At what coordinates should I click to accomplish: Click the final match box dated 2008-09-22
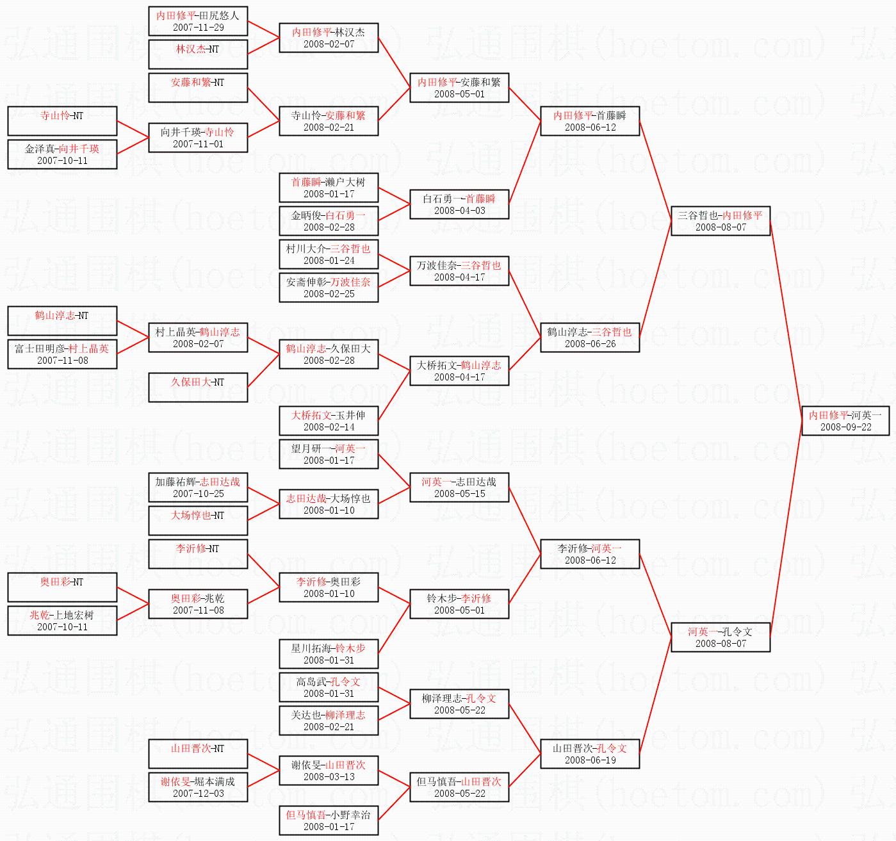[845, 420]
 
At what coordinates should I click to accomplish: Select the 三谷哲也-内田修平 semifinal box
[721, 220]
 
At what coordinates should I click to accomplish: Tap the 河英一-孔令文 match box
[721, 637]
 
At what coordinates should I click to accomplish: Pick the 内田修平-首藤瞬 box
[590, 120]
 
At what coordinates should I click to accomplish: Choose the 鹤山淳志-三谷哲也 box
[590, 337]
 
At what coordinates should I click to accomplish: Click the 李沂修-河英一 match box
[590, 553]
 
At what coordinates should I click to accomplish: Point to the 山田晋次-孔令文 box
[590, 753]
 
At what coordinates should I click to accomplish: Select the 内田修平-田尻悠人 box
[198, 20]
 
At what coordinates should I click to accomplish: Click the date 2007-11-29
[198, 28]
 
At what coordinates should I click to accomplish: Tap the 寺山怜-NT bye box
[62, 120]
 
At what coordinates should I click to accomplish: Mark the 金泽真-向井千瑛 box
[62, 154]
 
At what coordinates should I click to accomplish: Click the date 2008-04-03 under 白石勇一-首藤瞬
[459, 211]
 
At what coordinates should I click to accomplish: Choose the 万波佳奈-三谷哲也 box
[459, 270]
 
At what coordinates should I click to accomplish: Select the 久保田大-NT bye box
[198, 387]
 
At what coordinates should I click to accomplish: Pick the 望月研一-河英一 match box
[329, 453]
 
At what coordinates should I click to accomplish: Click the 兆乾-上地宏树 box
[62, 620]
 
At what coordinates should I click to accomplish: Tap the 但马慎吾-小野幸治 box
[329, 820]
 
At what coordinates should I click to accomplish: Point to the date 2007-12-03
[198, 794]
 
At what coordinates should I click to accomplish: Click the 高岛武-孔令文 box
[329, 687]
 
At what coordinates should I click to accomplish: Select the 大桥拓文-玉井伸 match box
[329, 420]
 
